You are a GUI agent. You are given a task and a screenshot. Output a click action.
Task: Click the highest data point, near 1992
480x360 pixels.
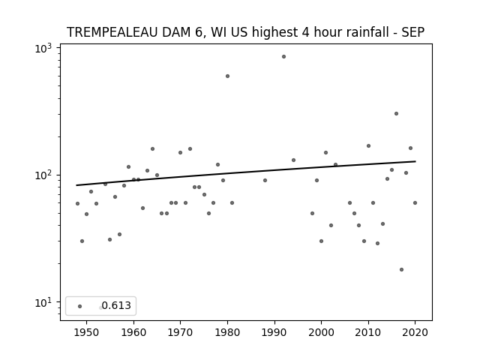click(283, 57)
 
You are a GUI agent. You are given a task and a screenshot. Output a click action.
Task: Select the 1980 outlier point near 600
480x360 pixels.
click(227, 76)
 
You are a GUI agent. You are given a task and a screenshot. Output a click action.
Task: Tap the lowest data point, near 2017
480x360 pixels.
click(401, 270)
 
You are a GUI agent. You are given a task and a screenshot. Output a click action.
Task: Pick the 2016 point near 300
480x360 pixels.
click(396, 113)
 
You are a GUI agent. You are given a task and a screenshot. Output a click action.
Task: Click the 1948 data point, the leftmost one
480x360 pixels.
click(77, 203)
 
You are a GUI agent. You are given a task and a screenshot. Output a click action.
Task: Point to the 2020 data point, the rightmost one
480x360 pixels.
click(415, 203)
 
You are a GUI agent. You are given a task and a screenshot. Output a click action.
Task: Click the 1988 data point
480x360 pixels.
click(265, 180)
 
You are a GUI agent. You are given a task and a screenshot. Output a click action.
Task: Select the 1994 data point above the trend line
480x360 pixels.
click(293, 160)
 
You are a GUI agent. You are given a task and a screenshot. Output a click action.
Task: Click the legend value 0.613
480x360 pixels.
click(116, 305)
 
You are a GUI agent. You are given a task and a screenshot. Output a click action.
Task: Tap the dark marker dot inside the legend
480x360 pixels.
click(80, 306)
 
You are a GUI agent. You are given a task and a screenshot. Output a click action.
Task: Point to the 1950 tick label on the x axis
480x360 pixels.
click(87, 332)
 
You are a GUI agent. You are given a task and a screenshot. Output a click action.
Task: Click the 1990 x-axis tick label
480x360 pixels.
click(274, 332)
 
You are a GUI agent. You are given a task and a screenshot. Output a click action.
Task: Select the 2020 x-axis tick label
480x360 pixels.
click(415, 332)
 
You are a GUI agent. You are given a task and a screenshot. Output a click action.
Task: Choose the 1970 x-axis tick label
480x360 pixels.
click(180, 332)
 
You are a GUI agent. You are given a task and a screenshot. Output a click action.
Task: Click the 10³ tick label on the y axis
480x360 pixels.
click(43, 48)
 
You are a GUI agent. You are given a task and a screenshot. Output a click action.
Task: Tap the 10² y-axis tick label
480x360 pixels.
click(43, 175)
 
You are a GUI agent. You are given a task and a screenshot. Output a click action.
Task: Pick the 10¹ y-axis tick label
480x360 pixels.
click(43, 302)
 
